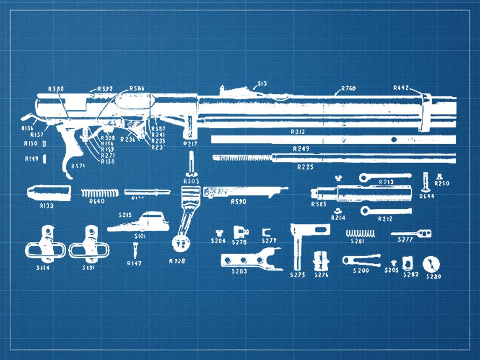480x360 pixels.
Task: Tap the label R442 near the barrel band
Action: click(x=401, y=88)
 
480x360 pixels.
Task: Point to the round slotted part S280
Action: click(x=433, y=264)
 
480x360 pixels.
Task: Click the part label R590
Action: click(x=238, y=202)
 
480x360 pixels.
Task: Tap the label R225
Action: click(x=305, y=167)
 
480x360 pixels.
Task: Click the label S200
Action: click(x=361, y=270)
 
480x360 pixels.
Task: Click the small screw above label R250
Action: click(x=439, y=175)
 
